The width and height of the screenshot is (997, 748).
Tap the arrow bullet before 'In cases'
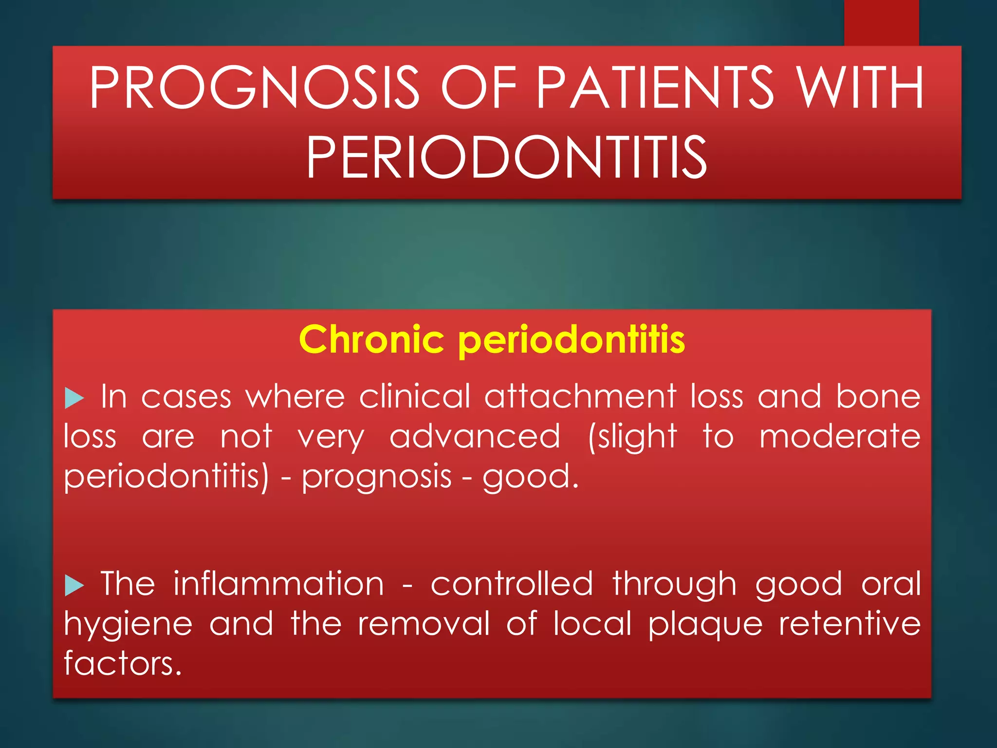click(x=74, y=398)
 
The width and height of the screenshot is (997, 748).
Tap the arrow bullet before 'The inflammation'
click(x=74, y=585)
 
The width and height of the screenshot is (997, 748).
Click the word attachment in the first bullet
click(x=580, y=396)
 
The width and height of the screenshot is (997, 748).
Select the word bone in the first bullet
click(x=878, y=396)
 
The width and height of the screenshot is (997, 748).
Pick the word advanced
click(x=475, y=436)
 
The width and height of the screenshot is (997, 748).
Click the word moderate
click(x=840, y=436)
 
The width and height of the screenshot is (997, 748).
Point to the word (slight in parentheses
click(x=632, y=437)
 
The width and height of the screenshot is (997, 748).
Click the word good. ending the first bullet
click(x=531, y=476)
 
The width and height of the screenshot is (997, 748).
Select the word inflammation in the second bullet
click(x=278, y=583)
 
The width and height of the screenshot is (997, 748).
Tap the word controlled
click(x=512, y=583)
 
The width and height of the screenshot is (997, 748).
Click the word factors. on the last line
click(x=123, y=663)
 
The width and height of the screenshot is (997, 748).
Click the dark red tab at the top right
click(x=881, y=22)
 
